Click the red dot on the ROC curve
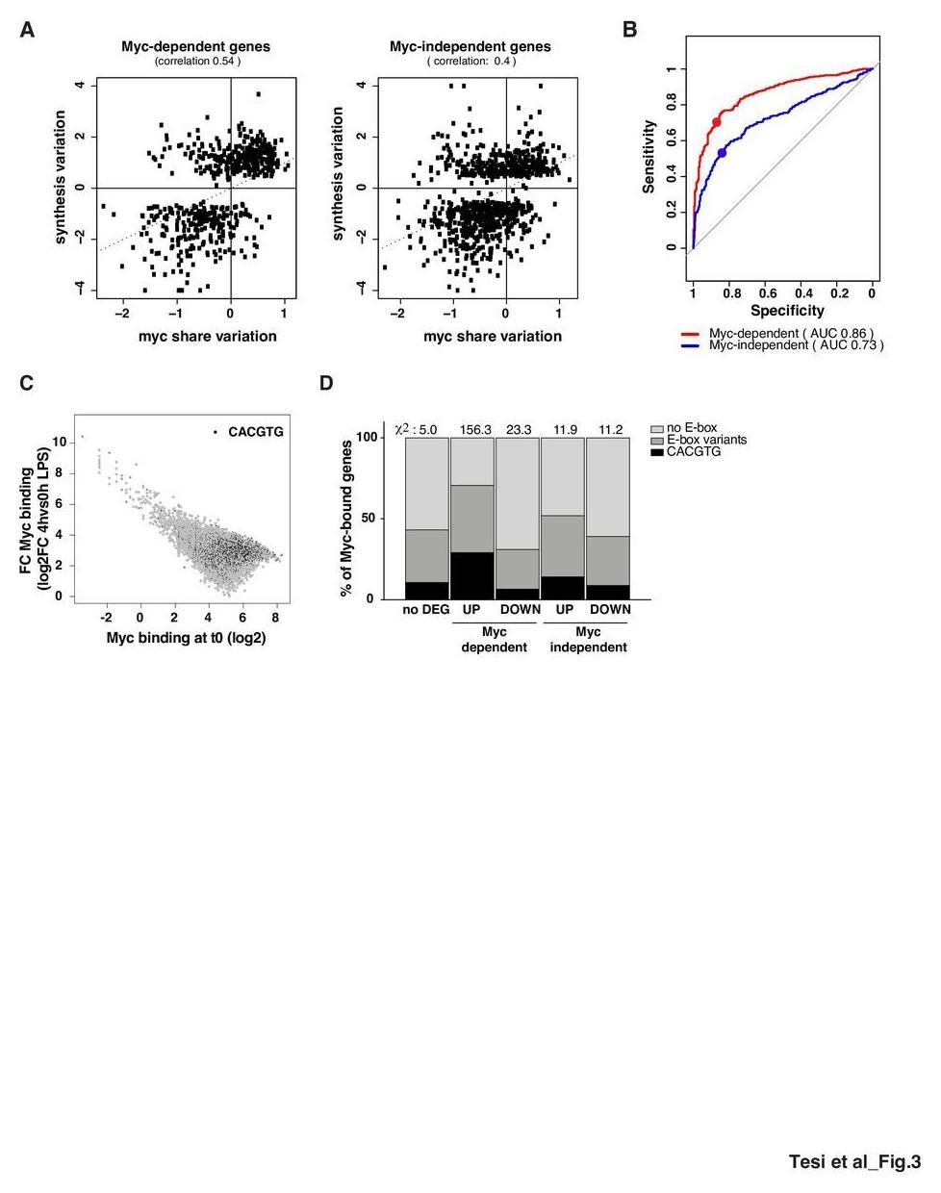coord(716,122)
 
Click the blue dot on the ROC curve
coord(722,153)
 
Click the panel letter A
coord(27,31)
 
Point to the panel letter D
coord(326,383)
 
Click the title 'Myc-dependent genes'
coord(195,46)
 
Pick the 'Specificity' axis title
coord(787,311)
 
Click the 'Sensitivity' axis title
coord(649,157)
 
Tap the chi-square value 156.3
coord(471,429)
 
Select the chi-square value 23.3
coord(519,429)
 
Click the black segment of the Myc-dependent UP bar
coord(471,575)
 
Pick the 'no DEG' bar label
coord(426,609)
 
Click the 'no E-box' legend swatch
coord(657,428)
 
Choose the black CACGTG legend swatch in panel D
coord(657,451)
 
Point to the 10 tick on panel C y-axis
coord(59,443)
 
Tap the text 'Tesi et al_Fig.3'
coord(854,1162)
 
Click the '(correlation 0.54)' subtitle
coord(197,62)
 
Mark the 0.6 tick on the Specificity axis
coord(767,292)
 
